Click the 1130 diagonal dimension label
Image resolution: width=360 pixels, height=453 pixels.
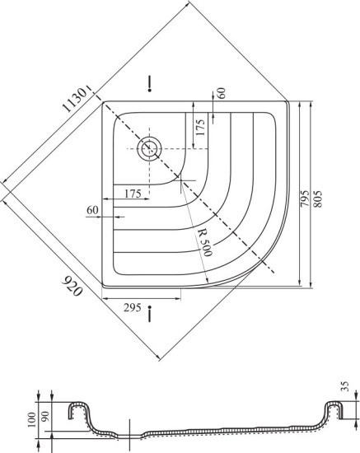75,100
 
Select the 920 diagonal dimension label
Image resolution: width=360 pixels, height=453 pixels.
72,286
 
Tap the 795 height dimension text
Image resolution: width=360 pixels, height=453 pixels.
305,198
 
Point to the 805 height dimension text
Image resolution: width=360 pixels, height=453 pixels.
317,198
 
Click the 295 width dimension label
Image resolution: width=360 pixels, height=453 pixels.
133,308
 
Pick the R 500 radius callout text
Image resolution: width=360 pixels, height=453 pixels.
207,243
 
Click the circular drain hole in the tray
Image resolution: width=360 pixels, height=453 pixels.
149,149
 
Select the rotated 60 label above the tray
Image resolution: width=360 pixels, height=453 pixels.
222,93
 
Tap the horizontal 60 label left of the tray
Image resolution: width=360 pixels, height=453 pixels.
92,210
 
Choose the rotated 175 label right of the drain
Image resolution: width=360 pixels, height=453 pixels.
200,127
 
